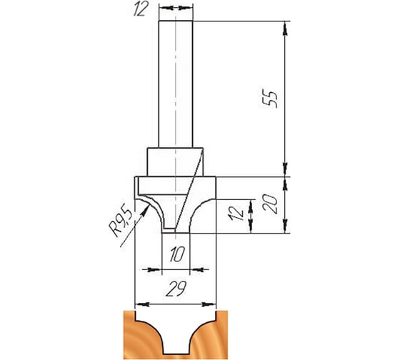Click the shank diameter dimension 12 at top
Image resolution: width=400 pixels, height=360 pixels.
141,10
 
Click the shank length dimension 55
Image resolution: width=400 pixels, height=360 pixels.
270,99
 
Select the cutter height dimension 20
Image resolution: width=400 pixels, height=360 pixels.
271,204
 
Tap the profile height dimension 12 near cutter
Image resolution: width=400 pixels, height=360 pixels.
236,214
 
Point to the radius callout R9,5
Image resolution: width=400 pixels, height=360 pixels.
120,220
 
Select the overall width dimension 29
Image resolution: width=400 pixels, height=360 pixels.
176,289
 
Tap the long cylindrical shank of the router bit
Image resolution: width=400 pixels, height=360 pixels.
176,84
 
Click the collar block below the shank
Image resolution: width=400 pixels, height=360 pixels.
175,161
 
